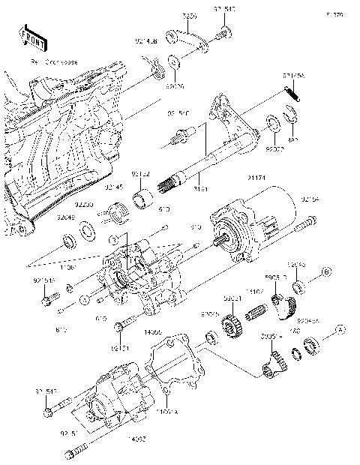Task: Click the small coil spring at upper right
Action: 291,91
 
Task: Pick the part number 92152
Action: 141,173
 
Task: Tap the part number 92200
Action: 83,203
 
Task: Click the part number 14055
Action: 153,330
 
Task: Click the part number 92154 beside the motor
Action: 311,199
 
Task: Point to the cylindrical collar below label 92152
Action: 143,200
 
